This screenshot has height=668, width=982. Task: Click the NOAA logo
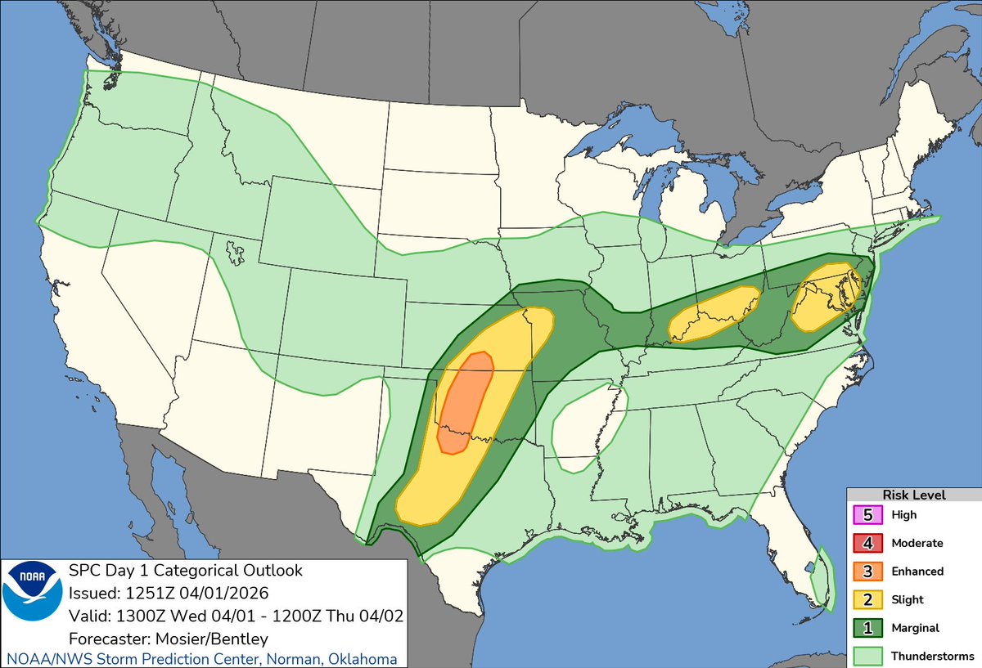coord(32,603)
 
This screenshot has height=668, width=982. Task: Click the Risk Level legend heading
coord(913,495)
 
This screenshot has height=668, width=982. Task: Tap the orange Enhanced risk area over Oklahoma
coord(465,401)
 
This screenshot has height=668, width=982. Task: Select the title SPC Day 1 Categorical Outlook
coord(185,570)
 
